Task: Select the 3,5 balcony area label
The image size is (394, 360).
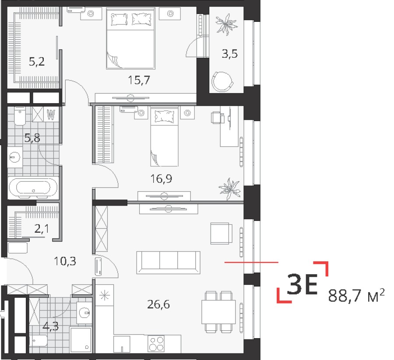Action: coord(229,55)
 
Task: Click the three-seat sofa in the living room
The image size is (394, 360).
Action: coord(168,262)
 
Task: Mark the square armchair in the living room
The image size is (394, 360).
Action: coord(221,233)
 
